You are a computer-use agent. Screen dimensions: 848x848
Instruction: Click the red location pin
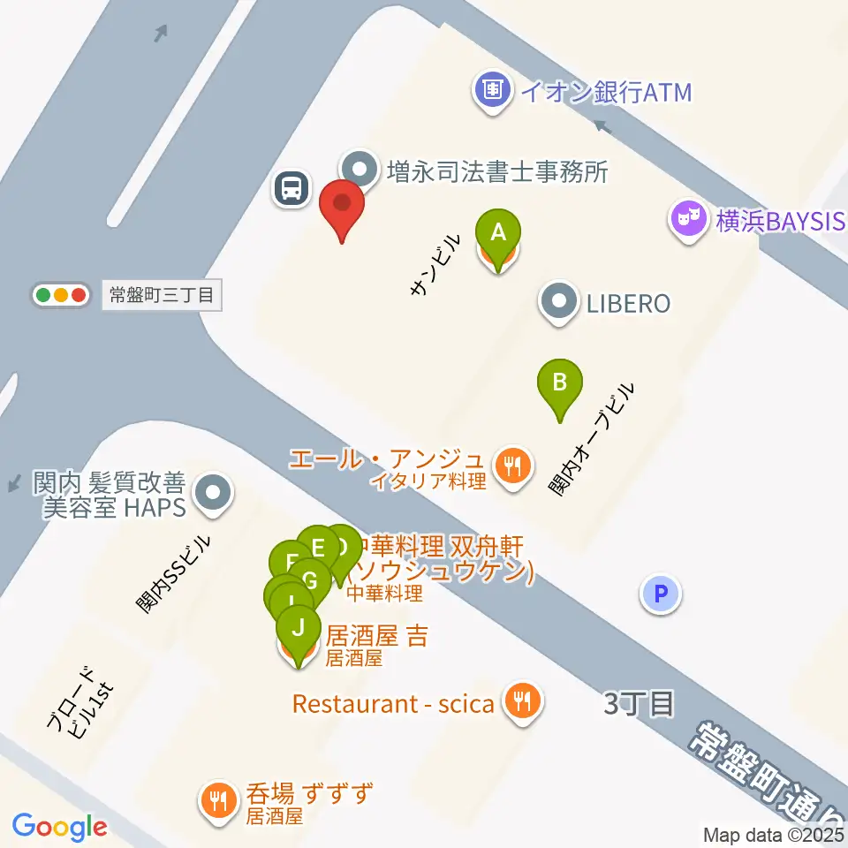pos(341,207)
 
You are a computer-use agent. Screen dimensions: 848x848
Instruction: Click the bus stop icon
pos(291,188)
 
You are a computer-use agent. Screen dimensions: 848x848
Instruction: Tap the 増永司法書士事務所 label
pos(497,170)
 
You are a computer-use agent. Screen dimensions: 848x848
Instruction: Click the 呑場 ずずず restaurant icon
pos(217,801)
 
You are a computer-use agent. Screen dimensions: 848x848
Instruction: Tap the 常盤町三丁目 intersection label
pos(161,295)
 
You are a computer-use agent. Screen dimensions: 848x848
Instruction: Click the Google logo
pos(60,827)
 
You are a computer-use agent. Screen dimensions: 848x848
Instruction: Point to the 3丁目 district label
pos(640,704)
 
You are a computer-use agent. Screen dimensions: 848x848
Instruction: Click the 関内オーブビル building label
pos(591,439)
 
